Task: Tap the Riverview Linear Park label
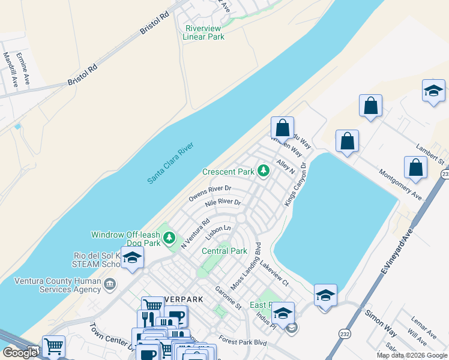pyautogui.click(x=203, y=32)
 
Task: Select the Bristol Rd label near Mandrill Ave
pyautogui.click(x=83, y=75)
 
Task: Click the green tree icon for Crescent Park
pyautogui.click(x=263, y=172)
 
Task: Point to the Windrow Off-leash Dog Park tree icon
pyautogui.click(x=169, y=239)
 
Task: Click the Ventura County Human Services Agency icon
pyautogui.click(x=110, y=283)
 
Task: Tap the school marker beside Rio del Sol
pyautogui.click(x=132, y=259)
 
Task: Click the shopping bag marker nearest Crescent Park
pyautogui.click(x=282, y=128)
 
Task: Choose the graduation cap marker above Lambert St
pyautogui.click(x=433, y=91)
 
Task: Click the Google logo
pyautogui.click(x=20, y=353)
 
